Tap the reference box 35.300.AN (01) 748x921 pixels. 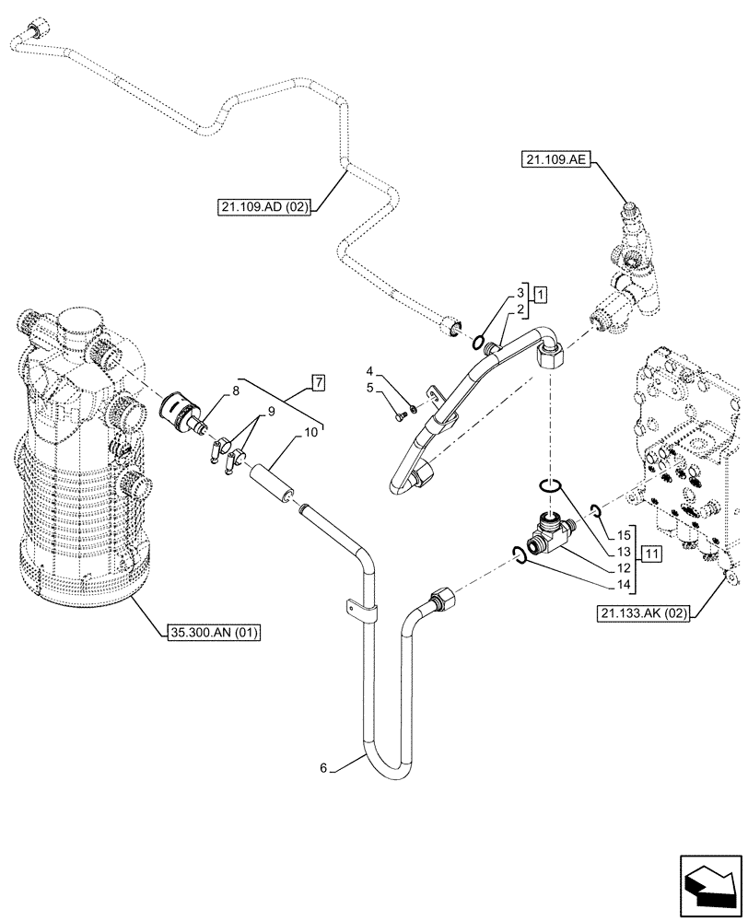coord(215,632)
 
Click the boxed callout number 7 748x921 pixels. coord(318,381)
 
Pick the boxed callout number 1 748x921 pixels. coord(541,295)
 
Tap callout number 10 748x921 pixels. coord(310,431)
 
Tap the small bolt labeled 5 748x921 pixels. coord(399,417)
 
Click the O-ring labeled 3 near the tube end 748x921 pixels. coord(480,344)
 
